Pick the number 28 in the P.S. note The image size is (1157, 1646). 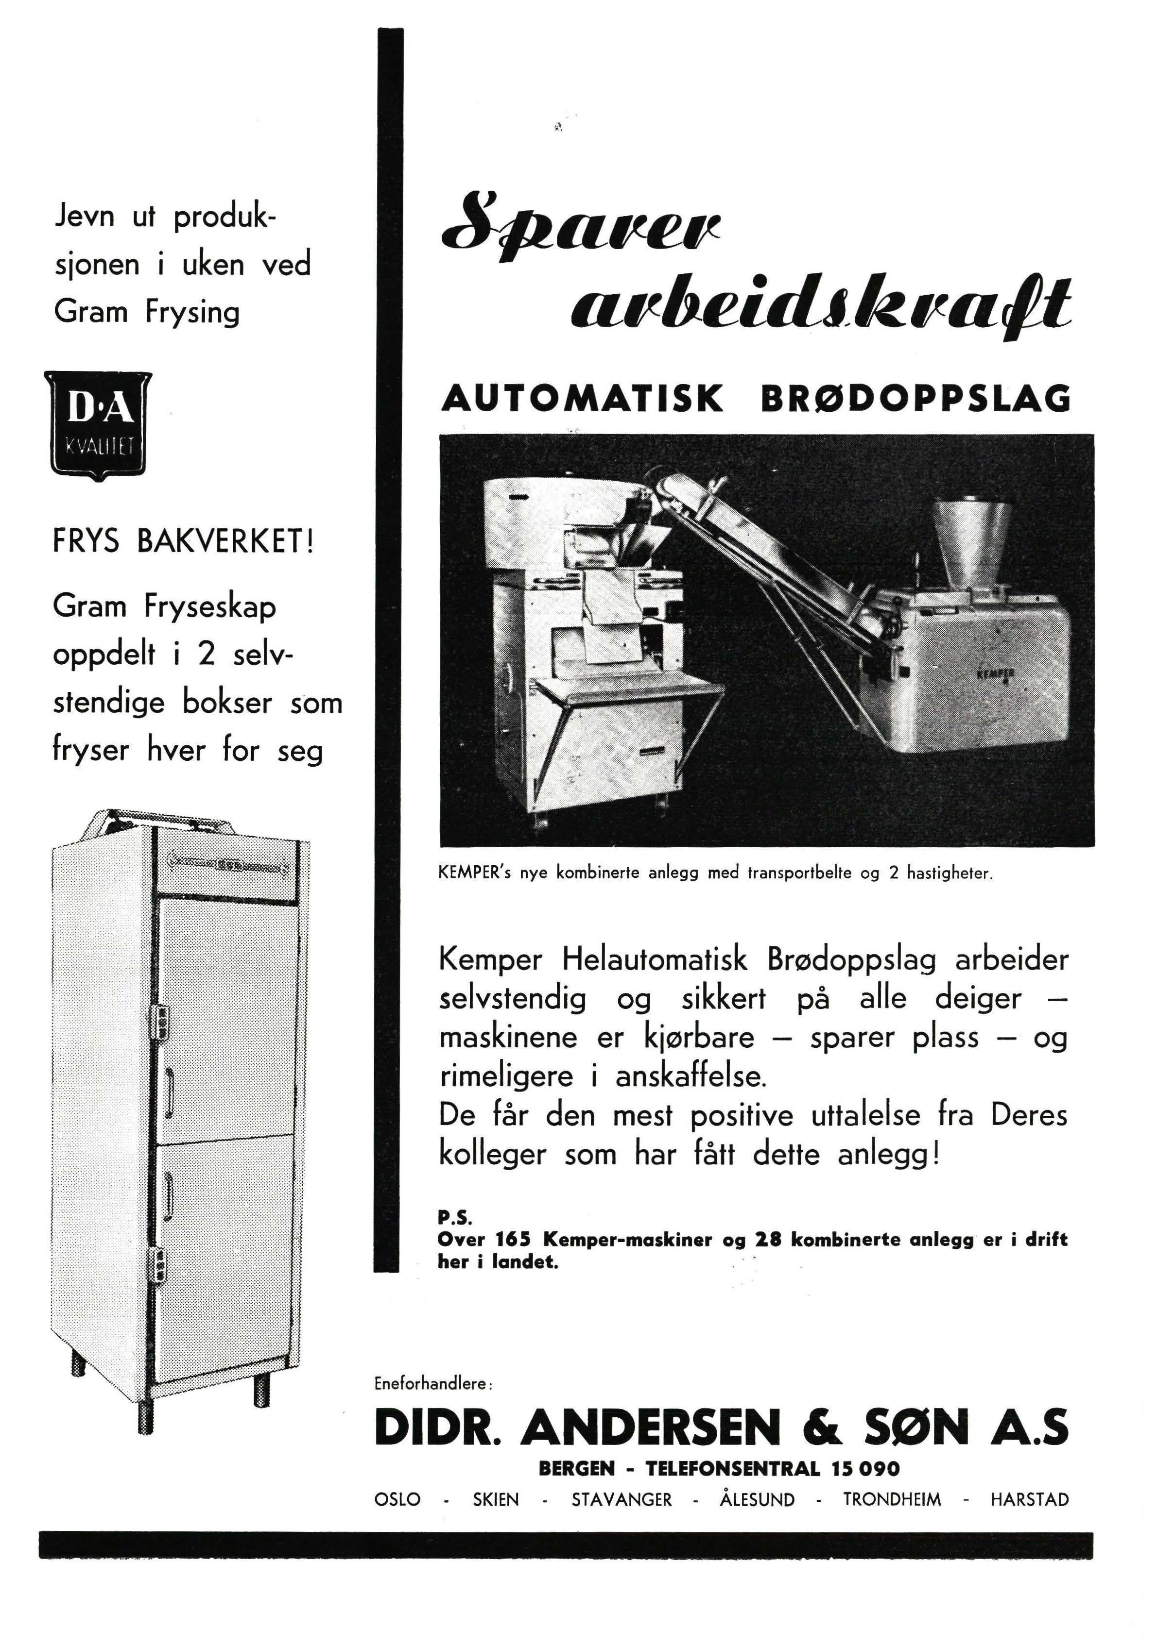coord(766,1240)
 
